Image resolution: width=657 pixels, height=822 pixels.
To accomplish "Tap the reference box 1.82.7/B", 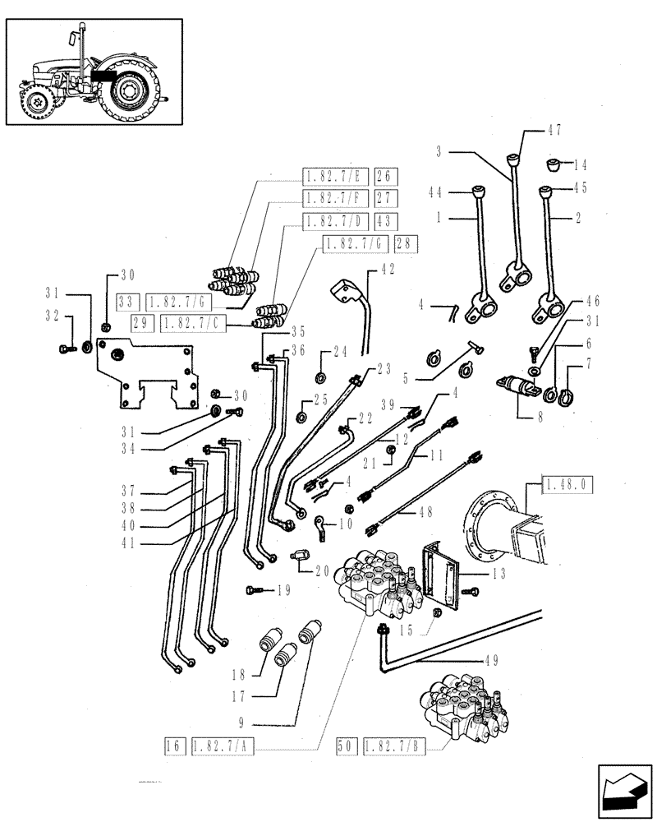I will (393, 746).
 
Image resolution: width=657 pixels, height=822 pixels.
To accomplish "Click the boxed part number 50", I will (345, 746).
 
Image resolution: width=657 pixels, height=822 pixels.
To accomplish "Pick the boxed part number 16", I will (172, 746).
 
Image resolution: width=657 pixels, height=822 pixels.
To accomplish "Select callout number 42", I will (388, 270).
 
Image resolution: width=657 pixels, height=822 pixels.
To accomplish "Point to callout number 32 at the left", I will (53, 314).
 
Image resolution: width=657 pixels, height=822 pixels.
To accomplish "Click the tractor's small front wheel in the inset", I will (36, 103).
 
